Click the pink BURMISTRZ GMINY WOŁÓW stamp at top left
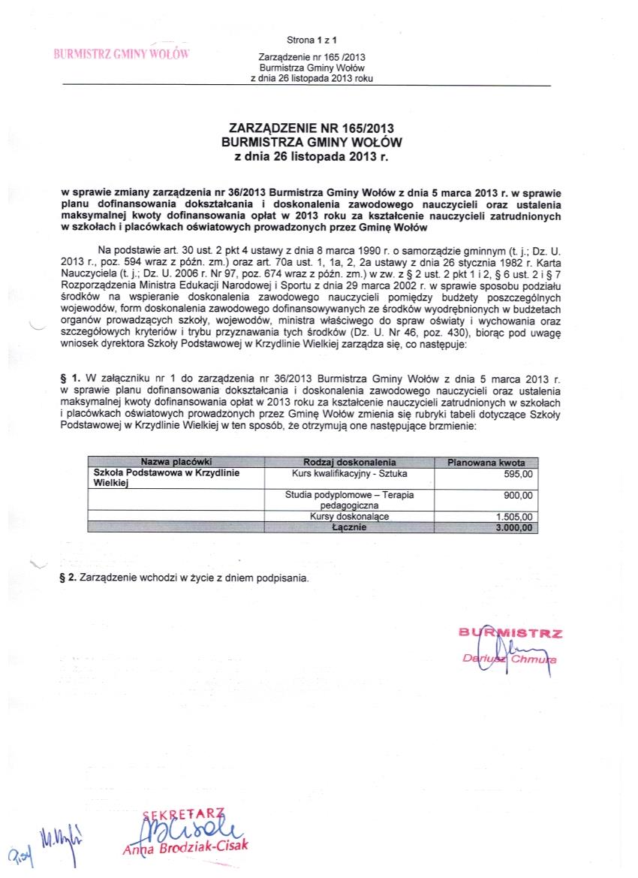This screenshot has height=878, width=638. pos(119,54)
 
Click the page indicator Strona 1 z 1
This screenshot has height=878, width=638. pos(311,39)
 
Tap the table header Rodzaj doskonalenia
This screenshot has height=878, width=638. pos(349,462)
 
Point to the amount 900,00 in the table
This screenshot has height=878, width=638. pos(518,495)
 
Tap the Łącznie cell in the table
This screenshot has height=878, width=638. pos(349,527)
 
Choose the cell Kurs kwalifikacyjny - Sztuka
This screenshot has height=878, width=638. pos(349,474)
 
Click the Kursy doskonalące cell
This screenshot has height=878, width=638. pos(349,517)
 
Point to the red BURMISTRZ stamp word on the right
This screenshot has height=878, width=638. pos(510,633)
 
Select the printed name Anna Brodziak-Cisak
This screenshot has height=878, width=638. pos(185,847)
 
